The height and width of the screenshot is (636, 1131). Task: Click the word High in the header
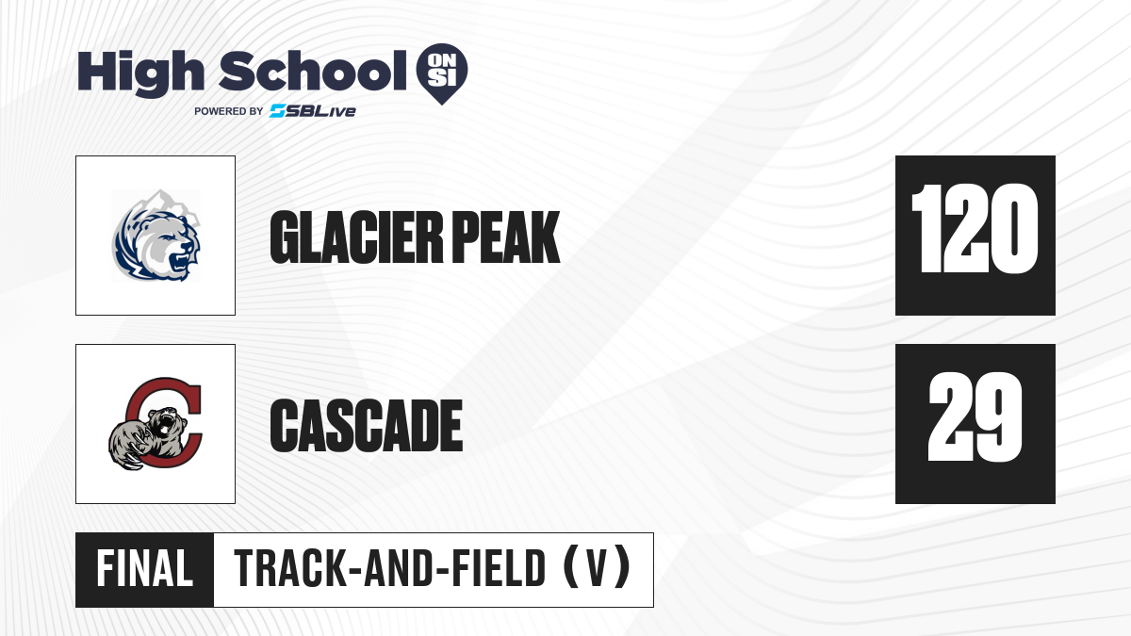click(140, 73)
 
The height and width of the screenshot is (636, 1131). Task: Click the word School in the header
click(313, 72)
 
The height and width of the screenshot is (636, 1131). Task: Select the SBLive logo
click(313, 111)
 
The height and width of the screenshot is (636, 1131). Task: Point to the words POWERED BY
click(229, 111)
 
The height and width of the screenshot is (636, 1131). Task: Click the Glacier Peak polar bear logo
click(156, 236)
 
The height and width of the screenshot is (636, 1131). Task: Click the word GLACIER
click(356, 237)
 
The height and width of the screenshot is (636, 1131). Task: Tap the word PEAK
click(506, 237)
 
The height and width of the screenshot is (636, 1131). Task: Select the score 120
click(975, 229)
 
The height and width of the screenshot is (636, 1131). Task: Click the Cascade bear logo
click(156, 424)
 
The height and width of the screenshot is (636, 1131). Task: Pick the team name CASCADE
click(367, 425)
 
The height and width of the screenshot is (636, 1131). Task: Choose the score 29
click(975, 416)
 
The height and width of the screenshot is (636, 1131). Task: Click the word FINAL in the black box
click(145, 569)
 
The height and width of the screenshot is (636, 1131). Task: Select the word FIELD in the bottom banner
click(499, 569)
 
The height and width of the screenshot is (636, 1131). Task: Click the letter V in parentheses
click(597, 569)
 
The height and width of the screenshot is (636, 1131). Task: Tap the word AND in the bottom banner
click(399, 569)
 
